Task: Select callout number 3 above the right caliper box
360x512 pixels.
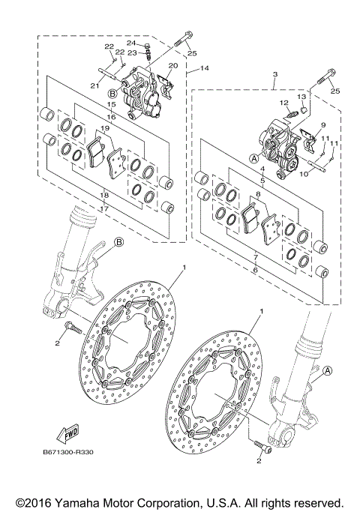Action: pos(275,75)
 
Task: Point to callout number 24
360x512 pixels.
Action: pos(130,43)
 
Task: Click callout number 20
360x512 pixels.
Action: pos(173,66)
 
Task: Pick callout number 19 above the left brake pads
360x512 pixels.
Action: pos(106,129)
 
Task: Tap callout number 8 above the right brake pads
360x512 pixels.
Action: pos(258,194)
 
